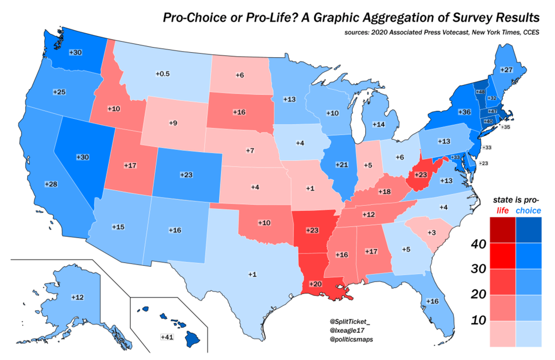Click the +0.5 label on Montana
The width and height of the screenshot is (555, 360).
click(163, 74)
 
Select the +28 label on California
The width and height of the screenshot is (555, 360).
click(51, 184)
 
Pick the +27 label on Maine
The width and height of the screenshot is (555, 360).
click(506, 70)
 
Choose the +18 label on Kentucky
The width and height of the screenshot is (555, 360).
click(384, 191)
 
